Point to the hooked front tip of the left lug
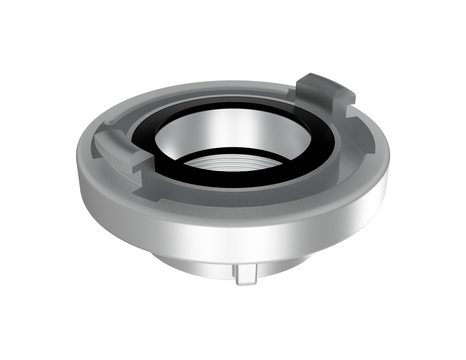point(141,163)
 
